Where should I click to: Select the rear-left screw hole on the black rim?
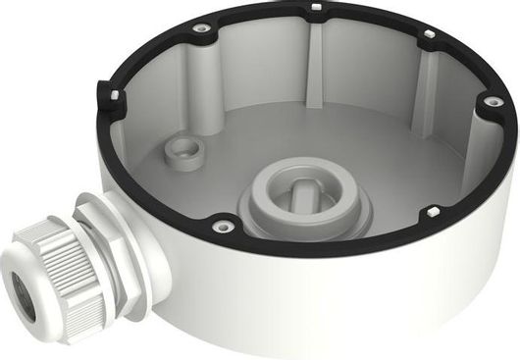201,28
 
